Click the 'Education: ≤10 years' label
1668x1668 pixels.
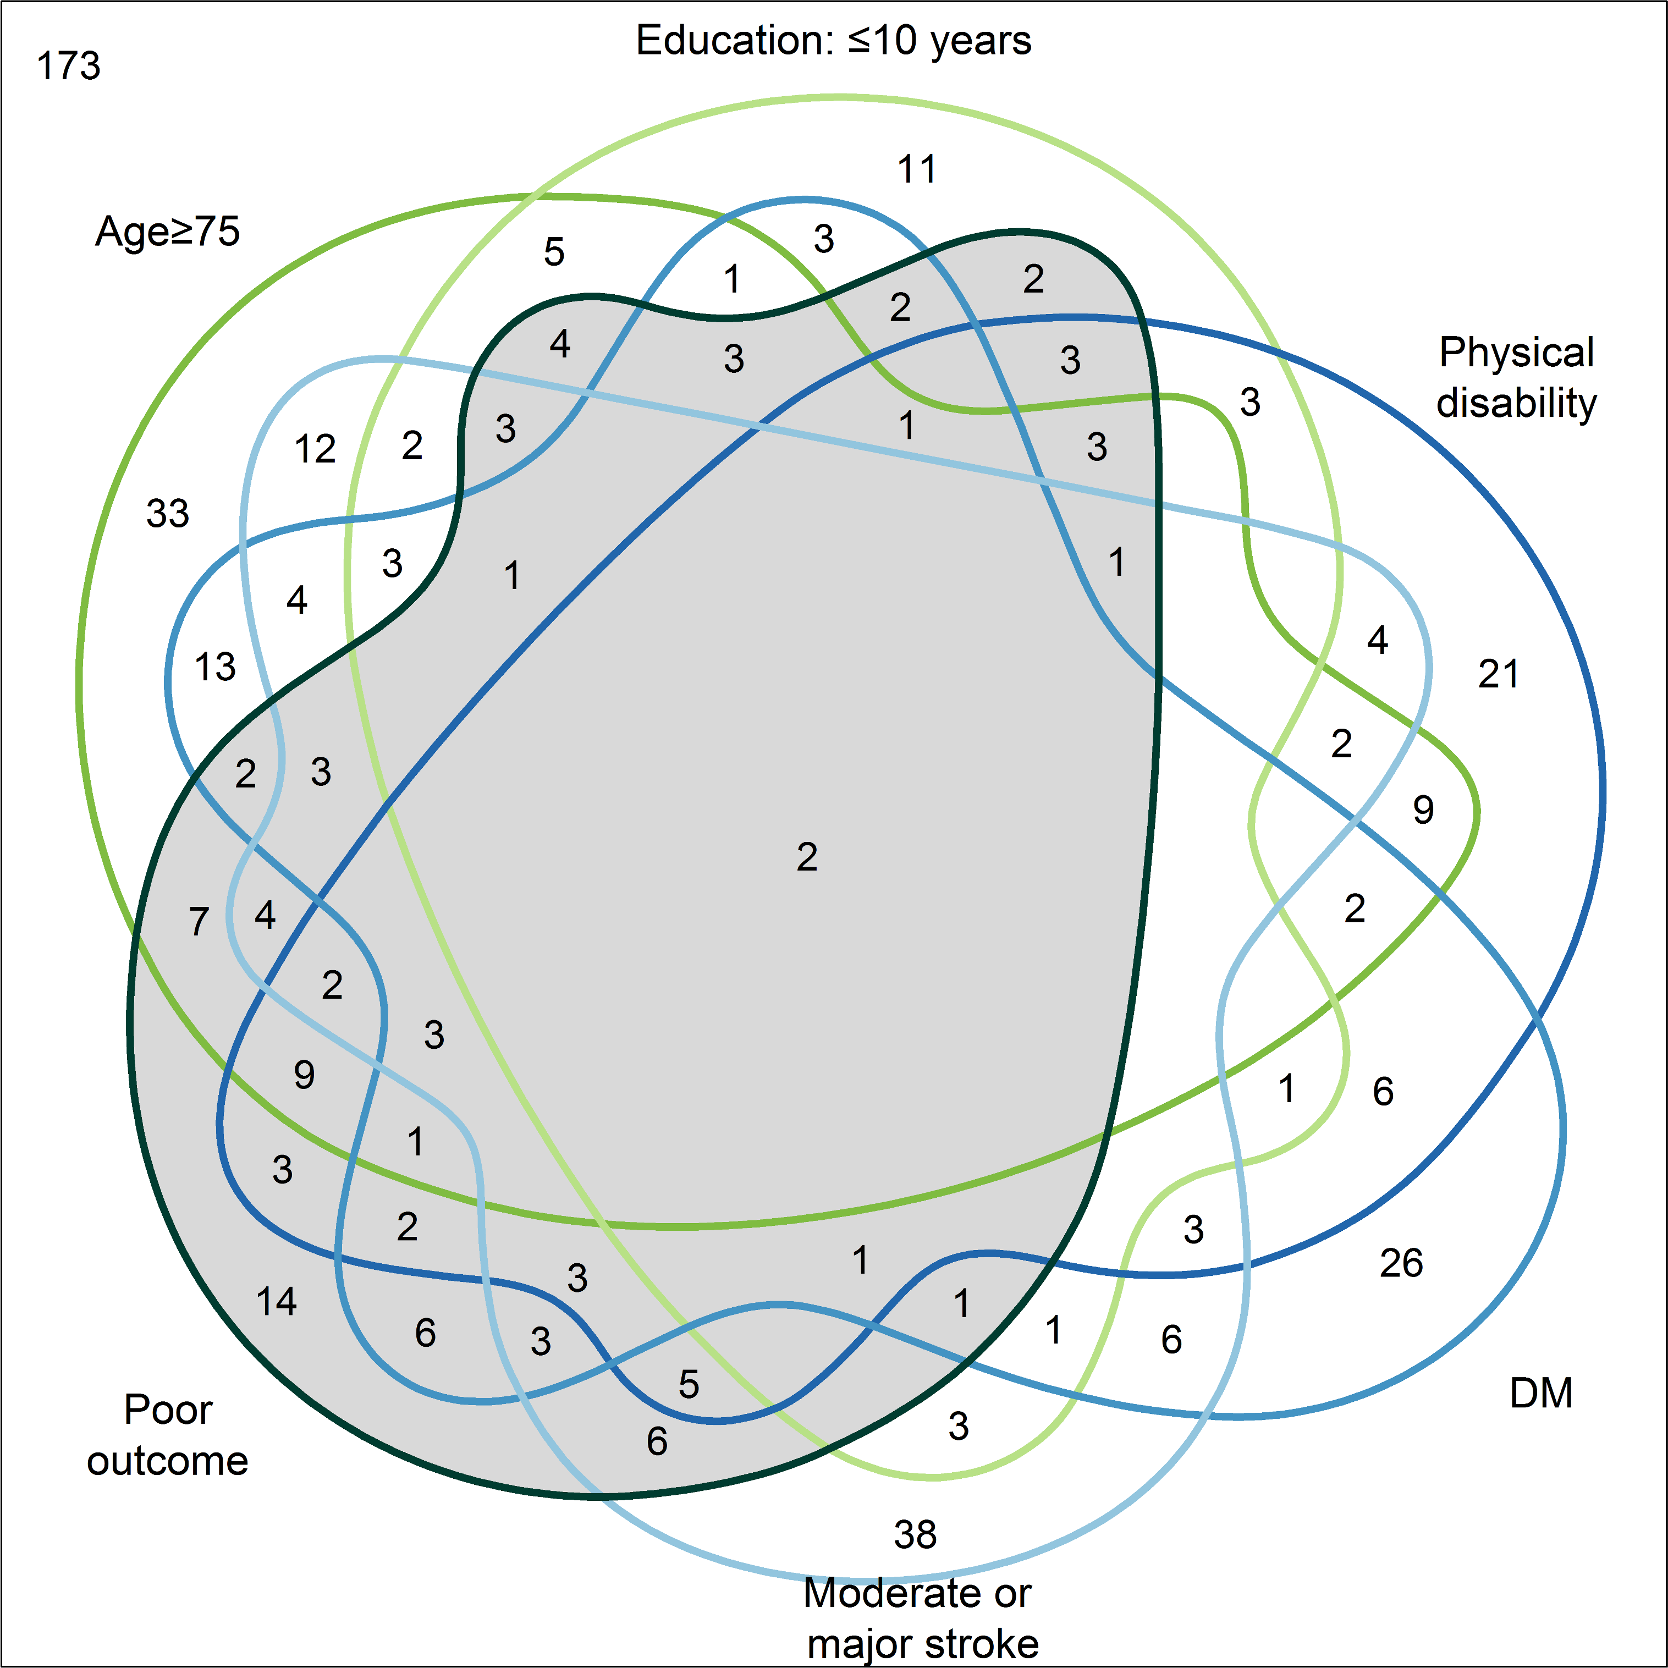(x=833, y=41)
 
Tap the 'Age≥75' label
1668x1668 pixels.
(x=168, y=232)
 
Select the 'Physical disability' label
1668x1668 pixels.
(x=1516, y=377)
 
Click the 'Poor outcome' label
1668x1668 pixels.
(x=168, y=1435)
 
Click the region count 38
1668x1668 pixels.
(x=915, y=1534)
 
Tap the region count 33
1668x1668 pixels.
(x=168, y=514)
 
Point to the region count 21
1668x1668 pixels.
(x=1499, y=674)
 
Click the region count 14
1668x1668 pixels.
(x=276, y=1301)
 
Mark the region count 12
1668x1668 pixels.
(x=314, y=449)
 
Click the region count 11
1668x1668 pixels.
(x=917, y=169)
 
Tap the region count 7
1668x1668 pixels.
(x=199, y=921)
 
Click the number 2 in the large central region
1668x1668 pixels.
(x=806, y=856)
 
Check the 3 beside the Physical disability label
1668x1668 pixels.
(x=1250, y=403)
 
